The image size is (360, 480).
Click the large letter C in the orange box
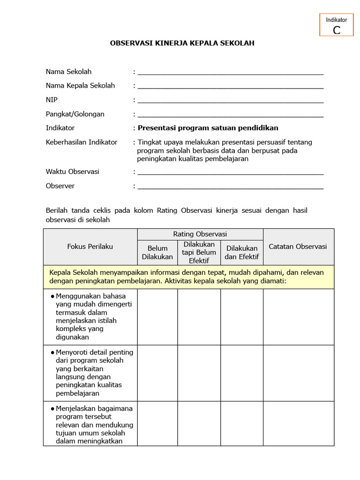pyautogui.click(x=336, y=30)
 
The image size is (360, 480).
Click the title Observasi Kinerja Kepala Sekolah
pyautogui.click(x=182, y=43)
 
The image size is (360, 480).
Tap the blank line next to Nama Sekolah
pyautogui.click(x=230, y=73)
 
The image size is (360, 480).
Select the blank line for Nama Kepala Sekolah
pyautogui.click(x=230, y=87)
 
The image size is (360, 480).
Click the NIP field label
pyautogui.click(x=52, y=100)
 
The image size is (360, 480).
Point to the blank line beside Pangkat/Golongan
pyautogui.click(x=230, y=115)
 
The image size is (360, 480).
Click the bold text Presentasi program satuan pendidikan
pyautogui.click(x=208, y=128)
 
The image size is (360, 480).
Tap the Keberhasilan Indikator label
pyautogui.click(x=82, y=142)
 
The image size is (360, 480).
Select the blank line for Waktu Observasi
pyautogui.click(x=230, y=172)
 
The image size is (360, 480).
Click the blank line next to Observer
pyautogui.click(x=230, y=187)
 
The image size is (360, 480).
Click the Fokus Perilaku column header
pyautogui.click(x=90, y=247)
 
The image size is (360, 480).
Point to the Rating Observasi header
pyautogui.click(x=200, y=234)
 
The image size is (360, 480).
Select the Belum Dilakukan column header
pyautogui.click(x=157, y=253)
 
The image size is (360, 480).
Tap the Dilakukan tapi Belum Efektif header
pyautogui.click(x=199, y=253)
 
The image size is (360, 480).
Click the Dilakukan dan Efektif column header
pyautogui.click(x=242, y=253)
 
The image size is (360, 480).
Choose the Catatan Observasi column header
pyautogui.click(x=298, y=247)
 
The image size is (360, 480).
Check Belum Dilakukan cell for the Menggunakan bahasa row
pyautogui.click(x=157, y=317)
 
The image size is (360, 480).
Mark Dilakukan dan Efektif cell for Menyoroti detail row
pyautogui.click(x=242, y=373)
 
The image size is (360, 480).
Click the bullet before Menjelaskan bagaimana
pyautogui.click(x=52, y=409)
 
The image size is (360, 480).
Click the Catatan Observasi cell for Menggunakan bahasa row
pyautogui.click(x=298, y=317)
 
